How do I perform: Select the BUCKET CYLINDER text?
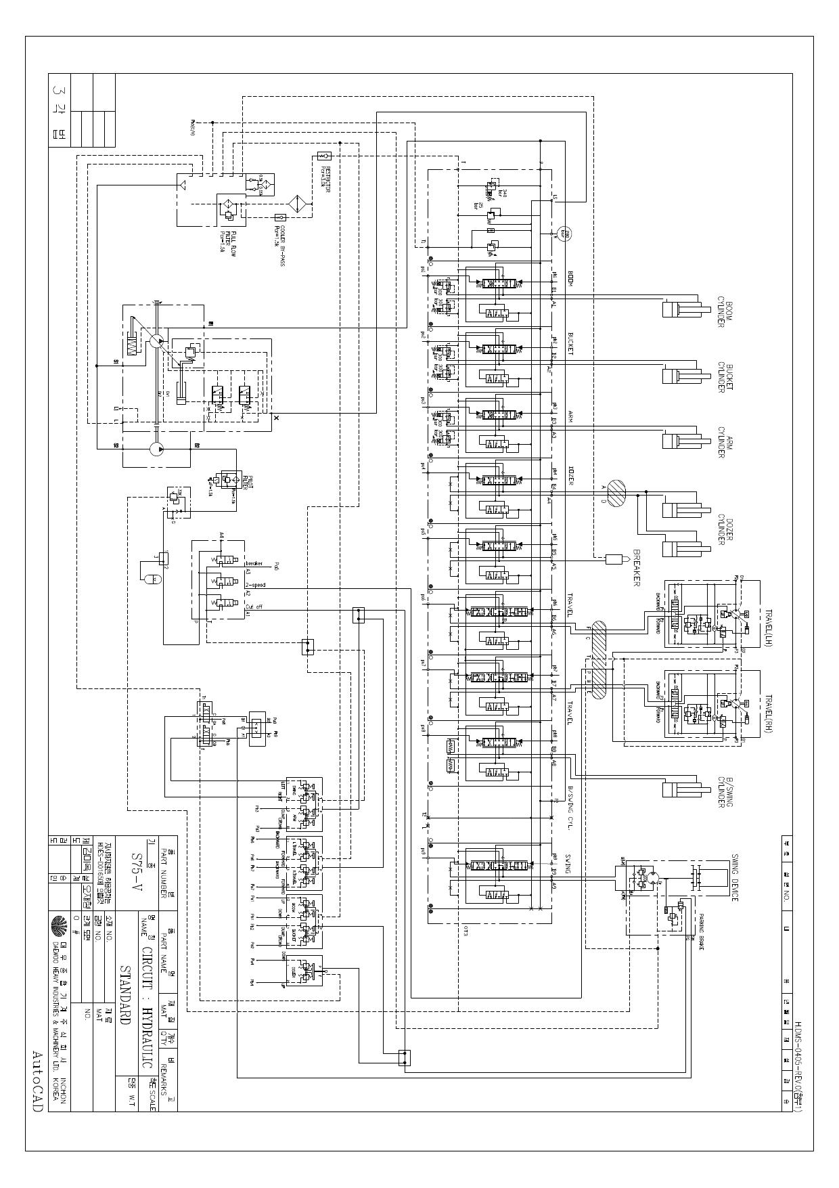click(725, 378)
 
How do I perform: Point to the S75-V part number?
click(138, 872)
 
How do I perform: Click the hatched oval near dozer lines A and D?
click(616, 493)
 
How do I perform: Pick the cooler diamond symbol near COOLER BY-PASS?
click(298, 204)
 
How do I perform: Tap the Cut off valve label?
click(254, 607)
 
